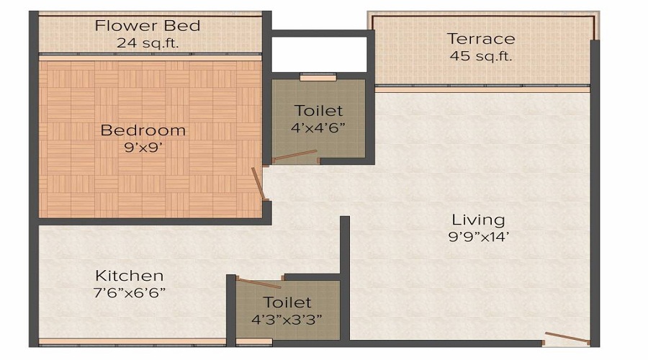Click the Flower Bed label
click(148, 26)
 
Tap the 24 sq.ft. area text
click(148, 43)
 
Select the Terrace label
click(481, 39)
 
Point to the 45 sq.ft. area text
click(481, 56)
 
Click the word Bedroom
click(143, 130)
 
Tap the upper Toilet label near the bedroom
click(319, 111)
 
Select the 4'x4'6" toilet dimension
click(319, 128)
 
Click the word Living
click(478, 220)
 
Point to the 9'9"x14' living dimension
click(478, 237)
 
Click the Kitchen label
click(130, 276)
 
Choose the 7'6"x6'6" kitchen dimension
click(130, 293)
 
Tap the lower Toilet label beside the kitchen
click(287, 302)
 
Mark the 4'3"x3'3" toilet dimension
click(287, 319)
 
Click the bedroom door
click(258, 184)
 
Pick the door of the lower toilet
click(258, 283)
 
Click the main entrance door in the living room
click(565, 337)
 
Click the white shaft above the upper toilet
click(318, 54)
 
